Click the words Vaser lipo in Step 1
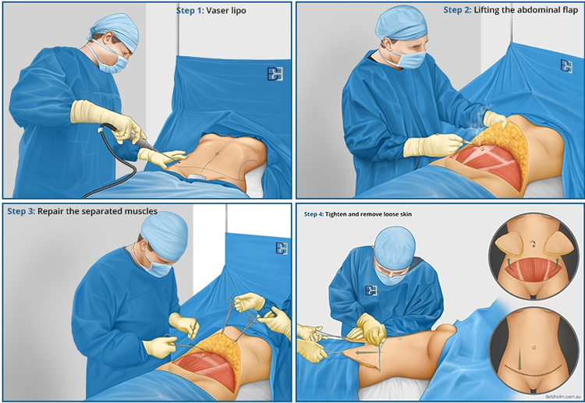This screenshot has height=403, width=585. [226, 10]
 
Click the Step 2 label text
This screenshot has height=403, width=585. [457, 10]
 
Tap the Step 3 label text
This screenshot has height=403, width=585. [21, 211]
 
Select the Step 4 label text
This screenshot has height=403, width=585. [313, 214]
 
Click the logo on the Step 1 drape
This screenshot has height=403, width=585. [275, 74]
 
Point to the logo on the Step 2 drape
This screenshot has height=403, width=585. [567, 66]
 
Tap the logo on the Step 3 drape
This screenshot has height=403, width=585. [282, 249]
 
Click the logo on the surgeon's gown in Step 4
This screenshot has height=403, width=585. [370, 291]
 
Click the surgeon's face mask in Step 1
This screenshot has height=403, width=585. [112, 62]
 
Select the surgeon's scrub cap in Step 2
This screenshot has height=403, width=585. [400, 23]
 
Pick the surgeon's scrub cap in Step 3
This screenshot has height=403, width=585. [164, 236]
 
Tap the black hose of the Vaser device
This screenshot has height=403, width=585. [112, 164]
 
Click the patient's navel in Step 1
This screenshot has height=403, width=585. [217, 154]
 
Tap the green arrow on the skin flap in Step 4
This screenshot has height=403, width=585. [366, 352]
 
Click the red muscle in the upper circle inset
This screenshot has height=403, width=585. [534, 269]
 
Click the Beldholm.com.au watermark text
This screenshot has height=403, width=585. [562, 397]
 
